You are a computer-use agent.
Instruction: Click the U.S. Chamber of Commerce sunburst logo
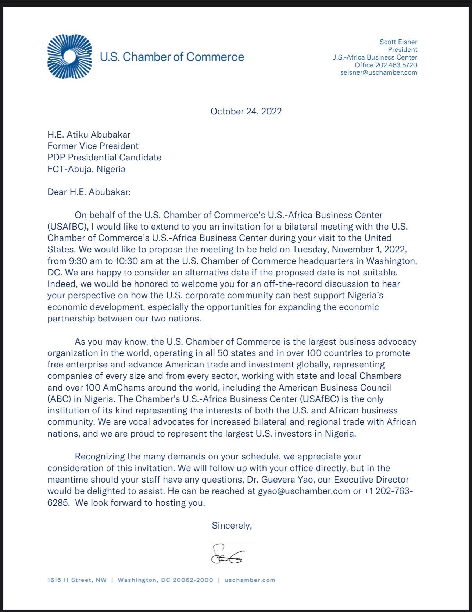(x=69, y=56)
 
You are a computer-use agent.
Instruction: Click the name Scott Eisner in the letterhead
(x=398, y=42)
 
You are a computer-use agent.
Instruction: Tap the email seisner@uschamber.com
(x=379, y=72)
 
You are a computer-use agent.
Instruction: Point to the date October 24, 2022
(x=246, y=111)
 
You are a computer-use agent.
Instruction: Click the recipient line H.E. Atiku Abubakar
(x=89, y=135)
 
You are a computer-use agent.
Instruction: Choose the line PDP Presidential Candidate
(x=104, y=157)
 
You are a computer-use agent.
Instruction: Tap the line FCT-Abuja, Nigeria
(x=86, y=169)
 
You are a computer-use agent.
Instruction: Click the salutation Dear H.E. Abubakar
(x=89, y=192)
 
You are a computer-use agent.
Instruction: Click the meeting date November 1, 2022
(x=369, y=249)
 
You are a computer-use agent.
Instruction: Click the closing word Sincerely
(x=232, y=526)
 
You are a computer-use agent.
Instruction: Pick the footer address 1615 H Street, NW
(x=77, y=580)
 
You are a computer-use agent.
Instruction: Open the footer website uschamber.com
(x=250, y=580)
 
